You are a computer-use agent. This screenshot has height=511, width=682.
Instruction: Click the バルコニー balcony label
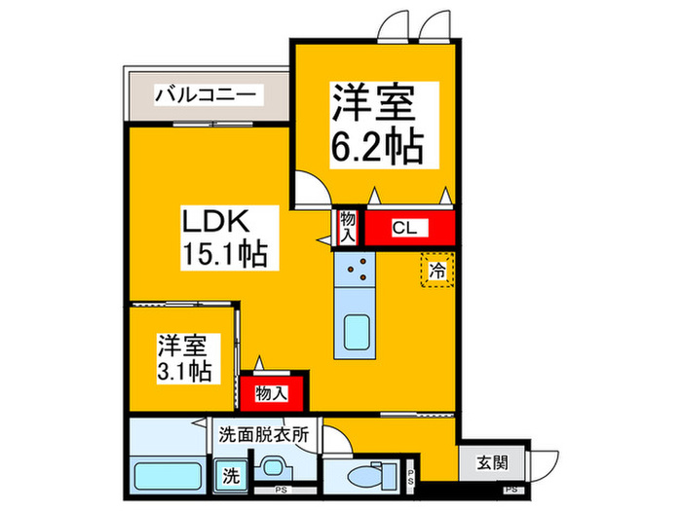(x=207, y=96)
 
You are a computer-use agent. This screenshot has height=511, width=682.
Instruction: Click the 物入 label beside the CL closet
(x=348, y=230)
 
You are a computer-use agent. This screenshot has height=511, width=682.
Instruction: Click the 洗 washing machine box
(x=230, y=476)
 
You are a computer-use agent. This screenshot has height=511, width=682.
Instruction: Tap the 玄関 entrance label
(x=492, y=463)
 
